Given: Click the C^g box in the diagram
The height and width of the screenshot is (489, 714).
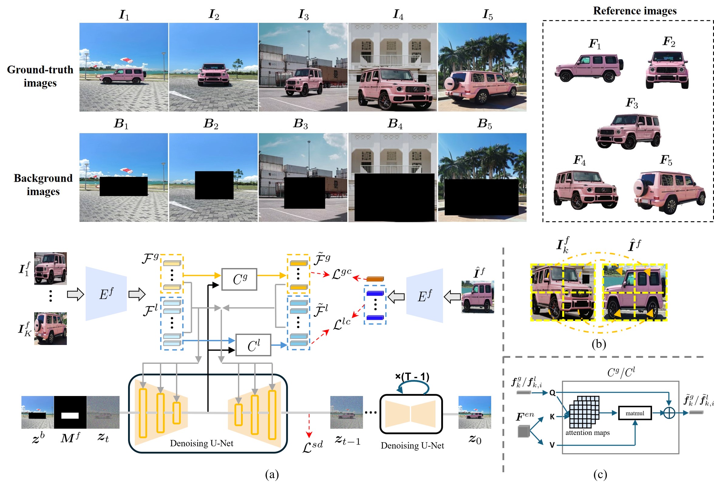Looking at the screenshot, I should (239, 279).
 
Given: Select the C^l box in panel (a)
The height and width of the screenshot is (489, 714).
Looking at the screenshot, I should (253, 345).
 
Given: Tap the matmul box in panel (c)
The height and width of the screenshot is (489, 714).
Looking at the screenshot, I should (635, 413).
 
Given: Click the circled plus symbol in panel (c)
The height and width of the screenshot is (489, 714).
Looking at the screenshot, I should (669, 413).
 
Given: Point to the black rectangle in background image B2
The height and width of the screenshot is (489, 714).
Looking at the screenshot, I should (214, 185).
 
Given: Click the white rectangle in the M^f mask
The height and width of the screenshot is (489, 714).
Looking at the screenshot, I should (70, 415).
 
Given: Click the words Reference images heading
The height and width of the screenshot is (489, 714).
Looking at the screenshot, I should (635, 11).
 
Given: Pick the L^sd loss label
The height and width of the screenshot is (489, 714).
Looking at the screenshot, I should (312, 446).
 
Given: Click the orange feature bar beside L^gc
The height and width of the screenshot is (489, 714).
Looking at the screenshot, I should (375, 279).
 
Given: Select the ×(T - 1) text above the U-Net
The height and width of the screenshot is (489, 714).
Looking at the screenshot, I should (412, 377).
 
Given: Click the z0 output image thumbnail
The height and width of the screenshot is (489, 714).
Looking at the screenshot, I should (475, 412).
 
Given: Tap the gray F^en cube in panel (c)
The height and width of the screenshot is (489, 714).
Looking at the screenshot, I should (523, 431).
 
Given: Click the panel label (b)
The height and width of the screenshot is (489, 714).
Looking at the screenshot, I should (599, 343).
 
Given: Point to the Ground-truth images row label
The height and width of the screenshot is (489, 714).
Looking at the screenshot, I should (40, 76).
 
